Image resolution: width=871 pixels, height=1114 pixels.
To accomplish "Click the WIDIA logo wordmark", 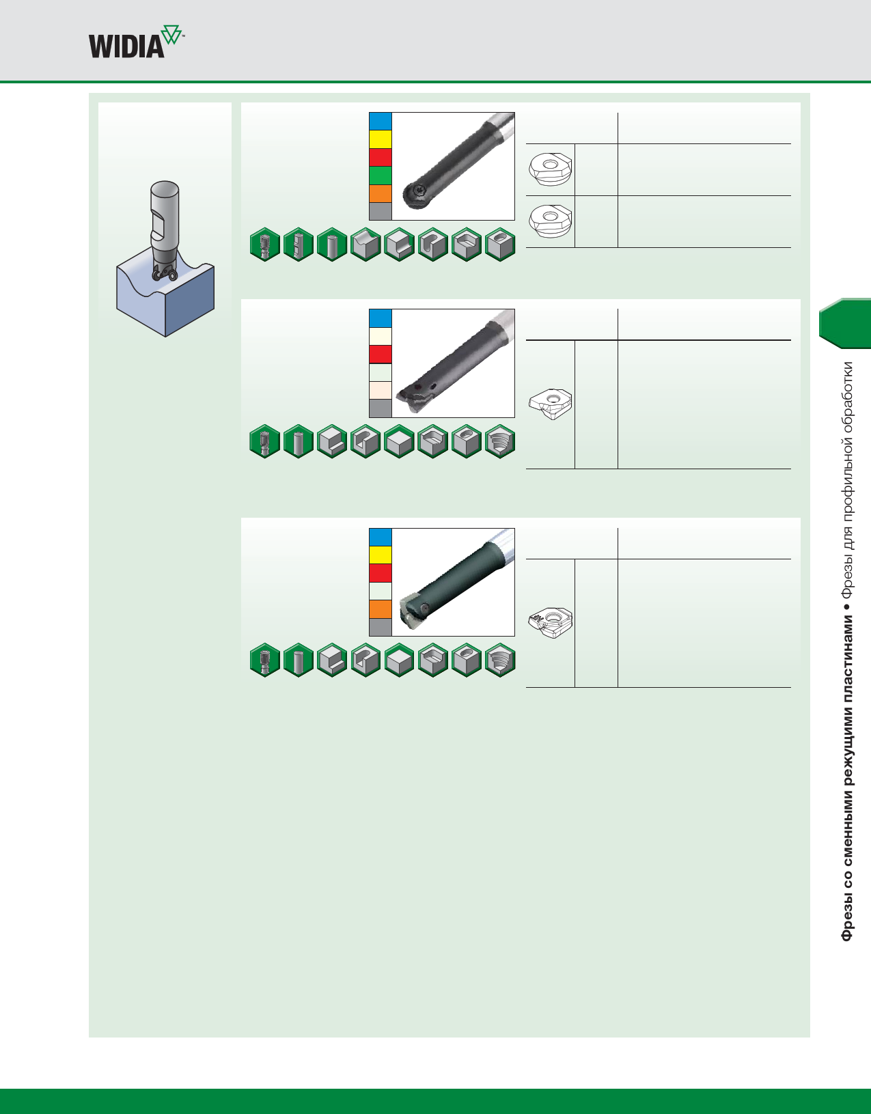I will (x=127, y=46).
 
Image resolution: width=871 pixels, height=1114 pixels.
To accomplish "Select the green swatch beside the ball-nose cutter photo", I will (x=381, y=176).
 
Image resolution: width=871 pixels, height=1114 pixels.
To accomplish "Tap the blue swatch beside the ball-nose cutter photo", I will (x=381, y=122).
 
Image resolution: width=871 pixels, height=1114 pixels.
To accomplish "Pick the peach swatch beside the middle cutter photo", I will (x=381, y=390).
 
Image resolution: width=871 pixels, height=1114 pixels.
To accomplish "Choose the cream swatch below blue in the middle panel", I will (x=381, y=336).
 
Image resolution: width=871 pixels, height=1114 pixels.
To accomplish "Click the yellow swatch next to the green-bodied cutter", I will (x=381, y=555).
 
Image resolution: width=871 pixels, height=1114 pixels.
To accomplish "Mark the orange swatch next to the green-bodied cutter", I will (x=381, y=609).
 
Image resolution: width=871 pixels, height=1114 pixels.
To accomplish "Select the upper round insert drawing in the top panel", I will (x=550, y=169).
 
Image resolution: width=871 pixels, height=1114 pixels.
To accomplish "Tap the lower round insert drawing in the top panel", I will (x=550, y=221).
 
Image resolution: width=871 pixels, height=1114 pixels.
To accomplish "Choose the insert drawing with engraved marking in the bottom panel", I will (x=550, y=622).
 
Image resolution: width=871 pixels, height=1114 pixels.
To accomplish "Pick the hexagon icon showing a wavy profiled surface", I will (x=365, y=245).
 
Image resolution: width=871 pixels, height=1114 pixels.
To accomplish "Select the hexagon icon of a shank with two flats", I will (x=299, y=245).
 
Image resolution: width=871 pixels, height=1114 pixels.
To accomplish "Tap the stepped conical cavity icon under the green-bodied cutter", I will (x=500, y=660).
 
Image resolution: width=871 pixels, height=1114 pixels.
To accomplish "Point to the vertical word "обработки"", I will (x=847, y=396).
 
